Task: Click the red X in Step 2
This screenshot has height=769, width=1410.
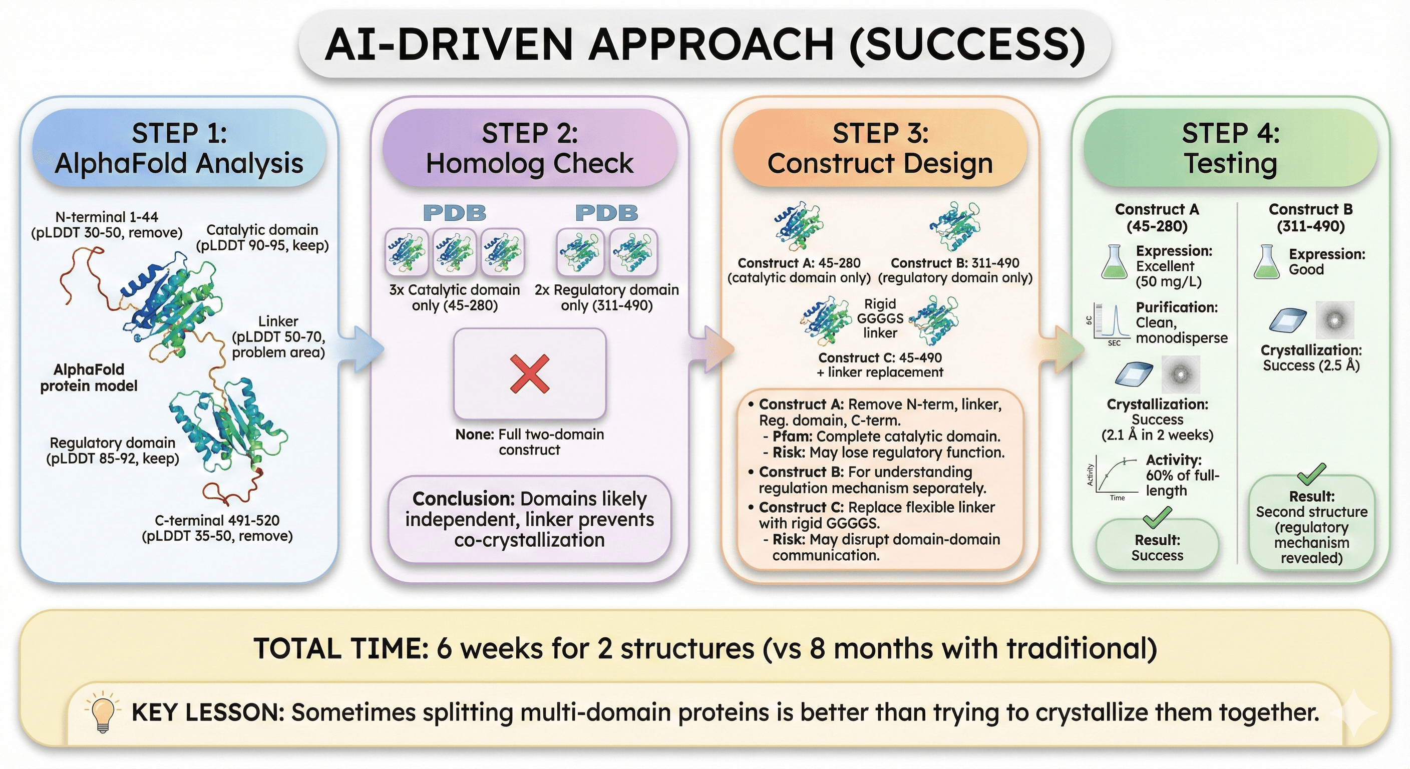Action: [529, 374]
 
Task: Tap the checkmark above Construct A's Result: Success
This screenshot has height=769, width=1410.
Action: [1157, 516]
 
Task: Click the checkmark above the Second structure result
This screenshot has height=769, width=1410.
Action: [1311, 474]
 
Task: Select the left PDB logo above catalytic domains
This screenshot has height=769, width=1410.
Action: [454, 212]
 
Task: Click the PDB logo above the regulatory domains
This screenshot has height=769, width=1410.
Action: [606, 212]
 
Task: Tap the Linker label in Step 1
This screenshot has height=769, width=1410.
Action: [278, 321]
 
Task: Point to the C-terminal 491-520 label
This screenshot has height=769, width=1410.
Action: [217, 521]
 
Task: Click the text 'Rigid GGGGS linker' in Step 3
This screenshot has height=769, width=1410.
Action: [880, 318]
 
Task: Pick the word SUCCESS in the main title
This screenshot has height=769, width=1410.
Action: [967, 45]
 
